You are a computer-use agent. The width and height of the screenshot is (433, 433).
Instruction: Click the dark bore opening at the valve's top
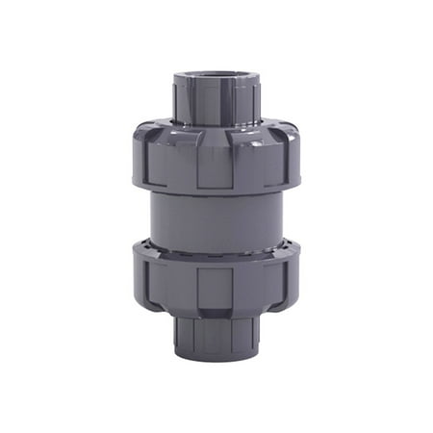pyautogui.click(x=216, y=77)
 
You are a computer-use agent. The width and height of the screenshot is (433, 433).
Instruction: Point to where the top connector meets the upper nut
pyautogui.click(x=216, y=122)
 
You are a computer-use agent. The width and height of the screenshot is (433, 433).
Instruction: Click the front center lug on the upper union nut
pyautogui.click(x=216, y=159)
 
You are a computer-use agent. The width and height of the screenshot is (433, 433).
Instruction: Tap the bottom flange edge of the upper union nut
pyautogui.click(x=216, y=190)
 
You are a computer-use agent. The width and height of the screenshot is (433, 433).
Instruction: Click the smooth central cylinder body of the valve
pyautogui.click(x=216, y=216)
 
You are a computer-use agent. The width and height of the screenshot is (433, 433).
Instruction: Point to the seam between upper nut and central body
pyautogui.click(x=216, y=194)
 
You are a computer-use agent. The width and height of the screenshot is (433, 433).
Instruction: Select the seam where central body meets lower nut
pyautogui.click(x=216, y=241)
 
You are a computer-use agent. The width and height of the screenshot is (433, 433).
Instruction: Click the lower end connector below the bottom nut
pyautogui.click(x=216, y=332)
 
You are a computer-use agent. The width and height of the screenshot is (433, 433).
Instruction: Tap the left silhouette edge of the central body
pyautogui.click(x=153, y=216)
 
